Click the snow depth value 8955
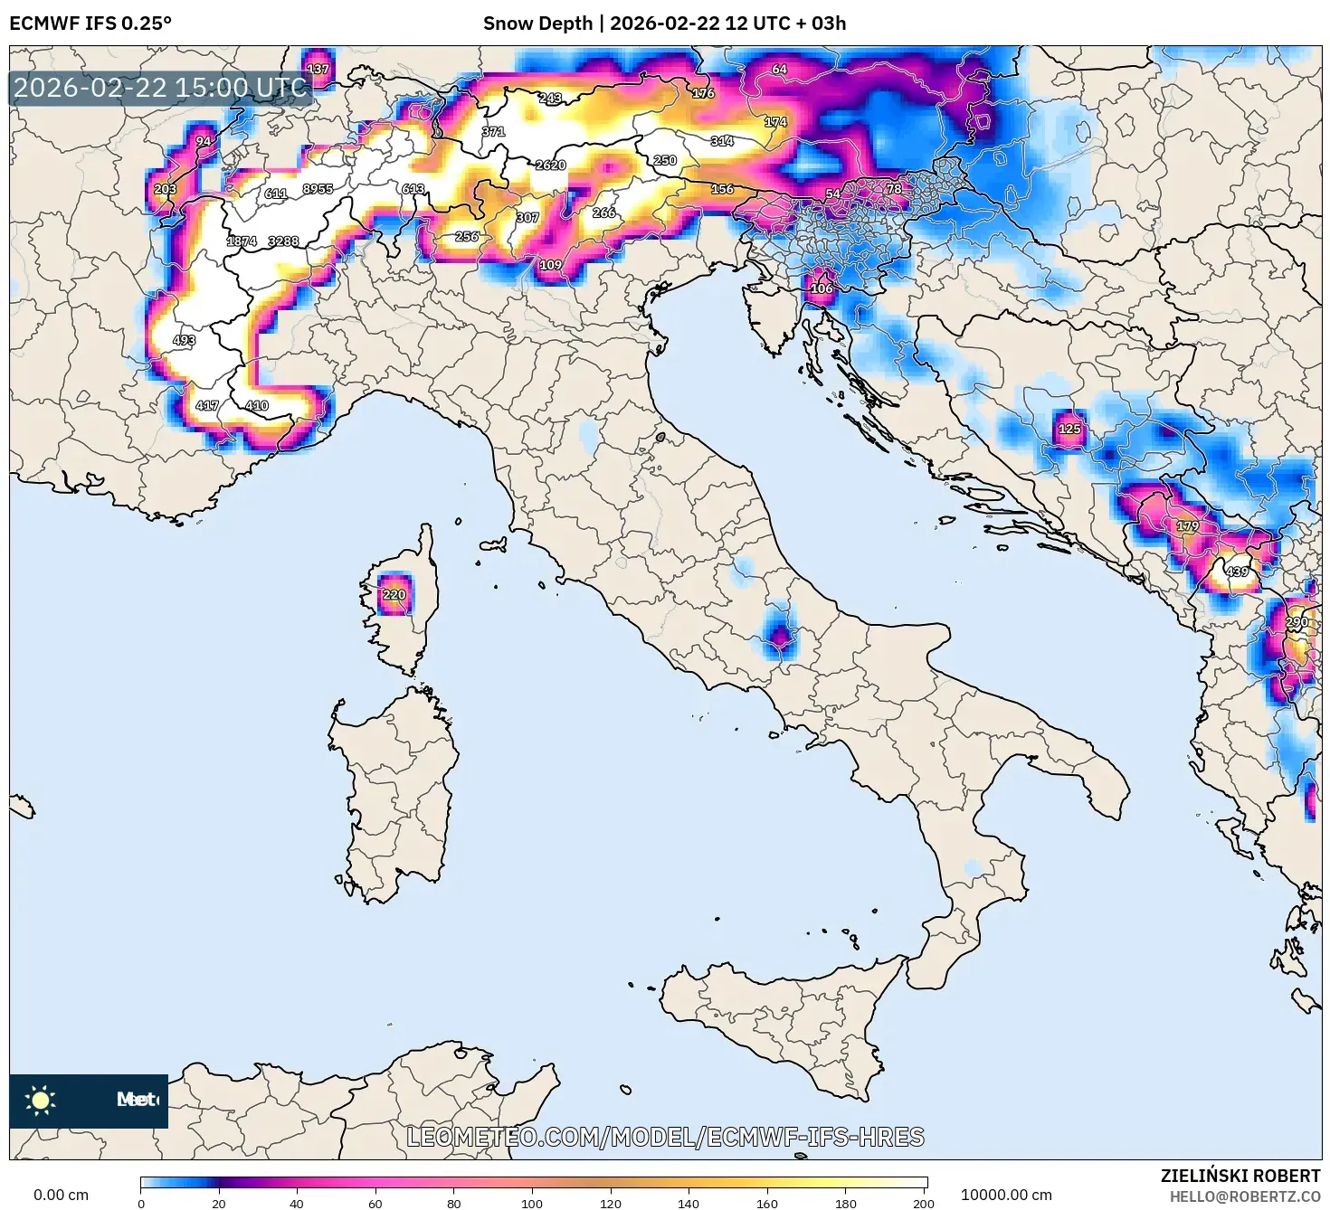pos(318,189)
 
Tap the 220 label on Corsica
pos(394,594)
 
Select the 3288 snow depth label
pos(283,241)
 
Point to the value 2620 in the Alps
pos(550,165)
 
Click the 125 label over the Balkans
pos(1069,429)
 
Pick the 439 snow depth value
pos(1237,572)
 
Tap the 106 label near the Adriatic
pos(821,288)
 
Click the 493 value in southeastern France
pos(184,340)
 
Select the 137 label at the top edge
pos(318,69)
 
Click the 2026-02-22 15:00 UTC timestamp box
pos(161,88)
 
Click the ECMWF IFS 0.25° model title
pos(90,24)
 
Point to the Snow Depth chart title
pos(664,24)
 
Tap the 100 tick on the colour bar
pos(532,1203)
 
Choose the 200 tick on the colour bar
pos(923,1203)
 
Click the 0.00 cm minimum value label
pos(62,1195)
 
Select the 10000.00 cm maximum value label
pos(1006,1195)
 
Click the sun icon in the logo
pos(41,1100)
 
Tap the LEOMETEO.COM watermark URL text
pos(665,1137)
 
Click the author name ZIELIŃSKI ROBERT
pos(1240,1176)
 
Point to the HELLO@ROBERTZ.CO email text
pos(1244,1196)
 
